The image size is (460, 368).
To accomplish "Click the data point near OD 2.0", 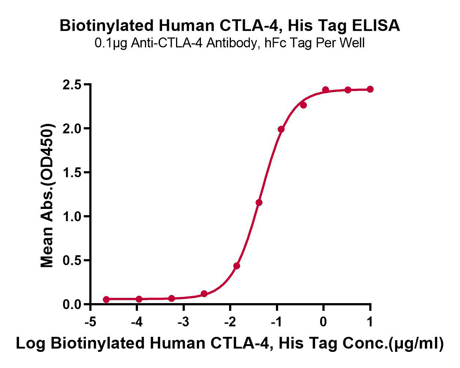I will [x=281, y=129].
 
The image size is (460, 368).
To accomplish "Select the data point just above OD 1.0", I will [x=259, y=202].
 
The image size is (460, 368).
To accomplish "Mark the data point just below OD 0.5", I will [x=236, y=266].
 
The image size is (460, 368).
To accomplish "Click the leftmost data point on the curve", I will [x=106, y=299].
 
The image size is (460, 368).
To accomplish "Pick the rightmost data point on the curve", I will [x=370, y=89].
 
